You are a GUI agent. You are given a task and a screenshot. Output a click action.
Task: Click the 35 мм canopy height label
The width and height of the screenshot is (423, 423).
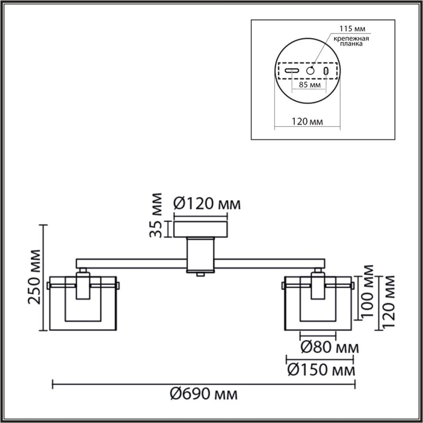point(157,215)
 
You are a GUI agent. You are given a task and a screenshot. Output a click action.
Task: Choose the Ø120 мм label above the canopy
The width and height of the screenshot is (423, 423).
point(207,204)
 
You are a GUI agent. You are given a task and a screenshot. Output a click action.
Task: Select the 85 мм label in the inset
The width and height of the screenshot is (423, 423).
point(309,85)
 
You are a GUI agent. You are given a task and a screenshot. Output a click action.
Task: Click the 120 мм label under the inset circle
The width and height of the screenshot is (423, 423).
point(307,122)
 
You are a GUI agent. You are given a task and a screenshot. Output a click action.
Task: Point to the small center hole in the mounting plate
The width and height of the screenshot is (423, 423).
point(311,71)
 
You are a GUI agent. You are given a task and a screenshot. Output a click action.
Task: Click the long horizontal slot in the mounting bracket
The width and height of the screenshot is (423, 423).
point(292,71)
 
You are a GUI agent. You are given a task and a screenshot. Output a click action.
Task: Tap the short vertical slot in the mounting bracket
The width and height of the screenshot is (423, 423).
point(326,71)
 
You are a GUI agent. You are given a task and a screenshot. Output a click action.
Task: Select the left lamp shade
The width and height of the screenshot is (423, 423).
point(83,305)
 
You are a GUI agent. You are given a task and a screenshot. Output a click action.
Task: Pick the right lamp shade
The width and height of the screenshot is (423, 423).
point(319,305)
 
